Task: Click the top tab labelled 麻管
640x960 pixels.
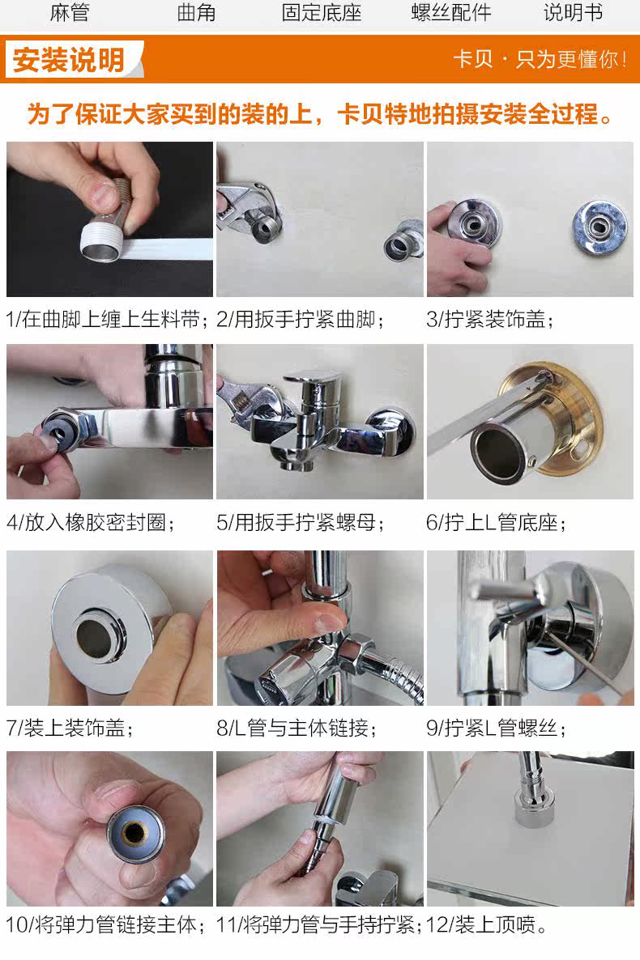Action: point(70,12)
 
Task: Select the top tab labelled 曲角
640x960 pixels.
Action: point(196,12)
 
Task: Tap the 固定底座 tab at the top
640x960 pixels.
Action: point(322,12)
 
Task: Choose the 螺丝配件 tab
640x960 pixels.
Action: point(451,12)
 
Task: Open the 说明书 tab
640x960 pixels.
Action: point(574,12)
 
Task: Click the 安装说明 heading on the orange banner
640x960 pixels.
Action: point(69,60)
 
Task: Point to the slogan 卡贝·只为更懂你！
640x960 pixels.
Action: point(540,59)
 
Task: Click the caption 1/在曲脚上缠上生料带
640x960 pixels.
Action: point(103,319)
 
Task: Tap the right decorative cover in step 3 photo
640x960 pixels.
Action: point(600,227)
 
